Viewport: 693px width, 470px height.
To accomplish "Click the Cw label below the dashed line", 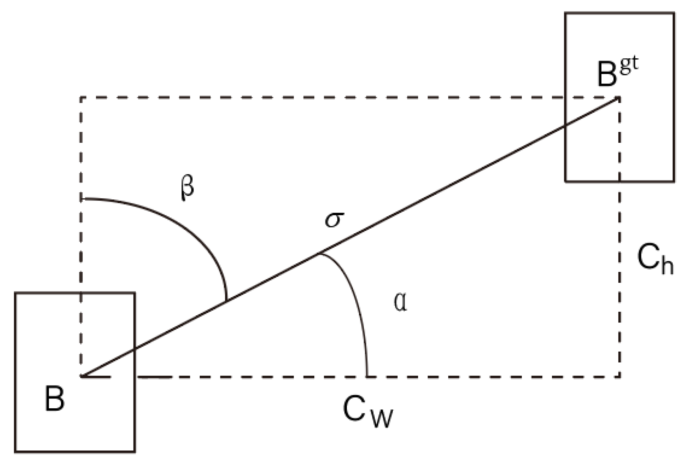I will [x=368, y=412].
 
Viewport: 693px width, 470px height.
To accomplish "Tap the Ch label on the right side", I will [x=655, y=259].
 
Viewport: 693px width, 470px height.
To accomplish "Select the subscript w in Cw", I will [x=382, y=419].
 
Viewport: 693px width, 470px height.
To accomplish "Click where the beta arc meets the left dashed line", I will [x=81, y=198].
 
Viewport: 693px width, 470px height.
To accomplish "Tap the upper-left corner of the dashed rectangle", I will [x=81, y=98].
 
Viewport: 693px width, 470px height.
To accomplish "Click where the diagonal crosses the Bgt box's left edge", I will [x=565, y=126].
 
